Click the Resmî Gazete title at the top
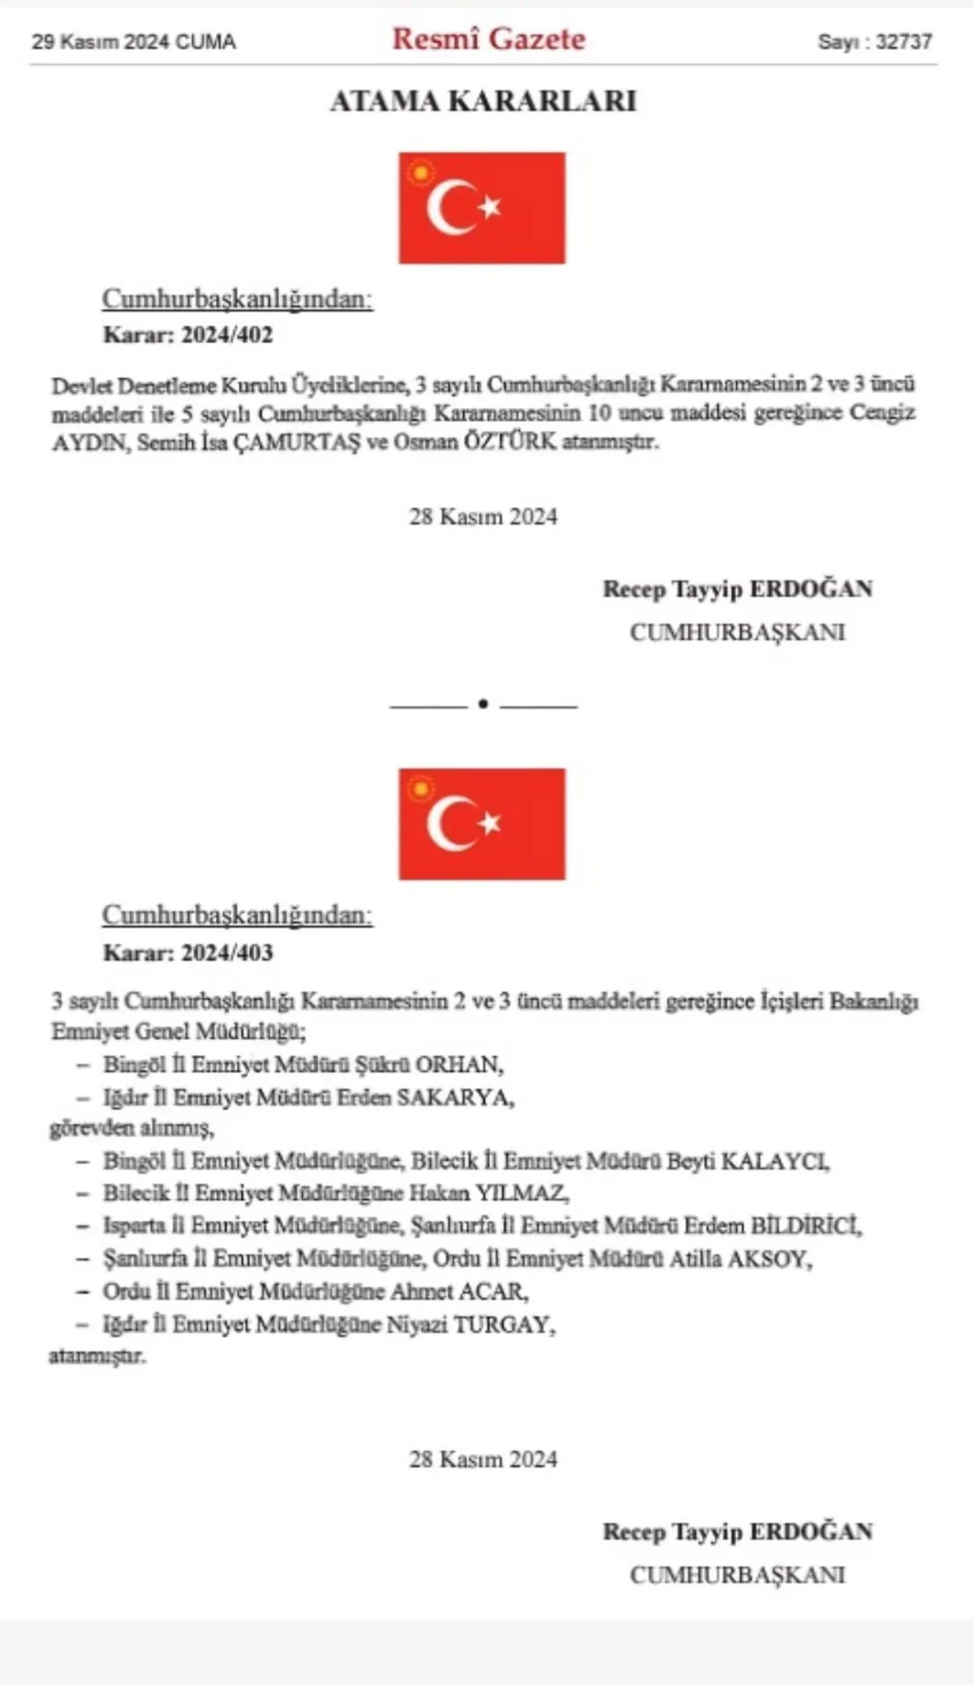pos(488,39)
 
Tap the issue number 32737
pos(904,41)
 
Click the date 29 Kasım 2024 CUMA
pos(133,41)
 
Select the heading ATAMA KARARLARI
pos(483,102)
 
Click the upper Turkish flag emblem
pos(482,208)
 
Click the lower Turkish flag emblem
pos(482,824)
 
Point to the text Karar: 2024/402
pos(188,334)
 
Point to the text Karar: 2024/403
pos(188,952)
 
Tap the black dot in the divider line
pos(483,705)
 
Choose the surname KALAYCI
pos(775,1162)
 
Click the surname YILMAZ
pos(522,1194)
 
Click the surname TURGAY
pos(504,1324)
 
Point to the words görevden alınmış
pos(132,1129)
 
